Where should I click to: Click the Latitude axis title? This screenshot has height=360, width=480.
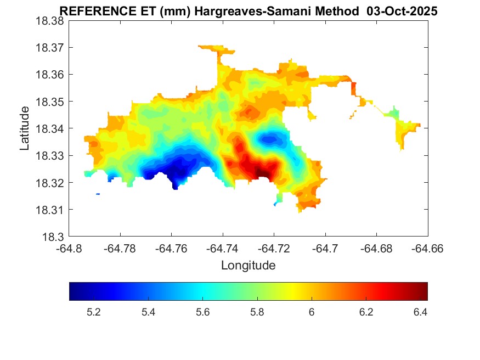25,128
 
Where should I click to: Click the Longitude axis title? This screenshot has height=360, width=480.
248,266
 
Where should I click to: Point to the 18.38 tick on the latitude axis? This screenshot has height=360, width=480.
52,21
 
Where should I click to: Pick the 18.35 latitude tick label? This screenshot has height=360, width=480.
52,102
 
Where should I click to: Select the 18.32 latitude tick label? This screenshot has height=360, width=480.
52,183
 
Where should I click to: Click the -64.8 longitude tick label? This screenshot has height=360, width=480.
69,249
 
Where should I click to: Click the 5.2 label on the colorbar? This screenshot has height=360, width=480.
94,312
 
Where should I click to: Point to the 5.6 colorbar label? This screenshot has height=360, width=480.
203,312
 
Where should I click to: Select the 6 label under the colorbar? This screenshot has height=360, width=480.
312,312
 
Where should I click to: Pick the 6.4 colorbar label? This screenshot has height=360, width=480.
420,312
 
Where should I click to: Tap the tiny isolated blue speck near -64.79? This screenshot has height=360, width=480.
98,194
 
